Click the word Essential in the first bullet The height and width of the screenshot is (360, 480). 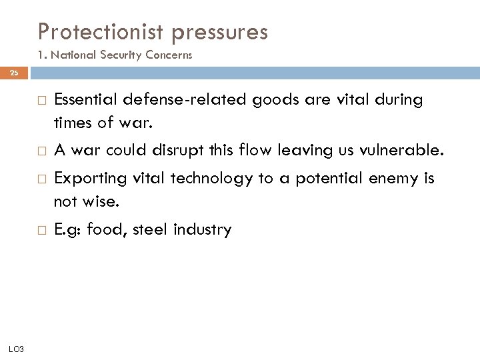pos(85,100)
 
